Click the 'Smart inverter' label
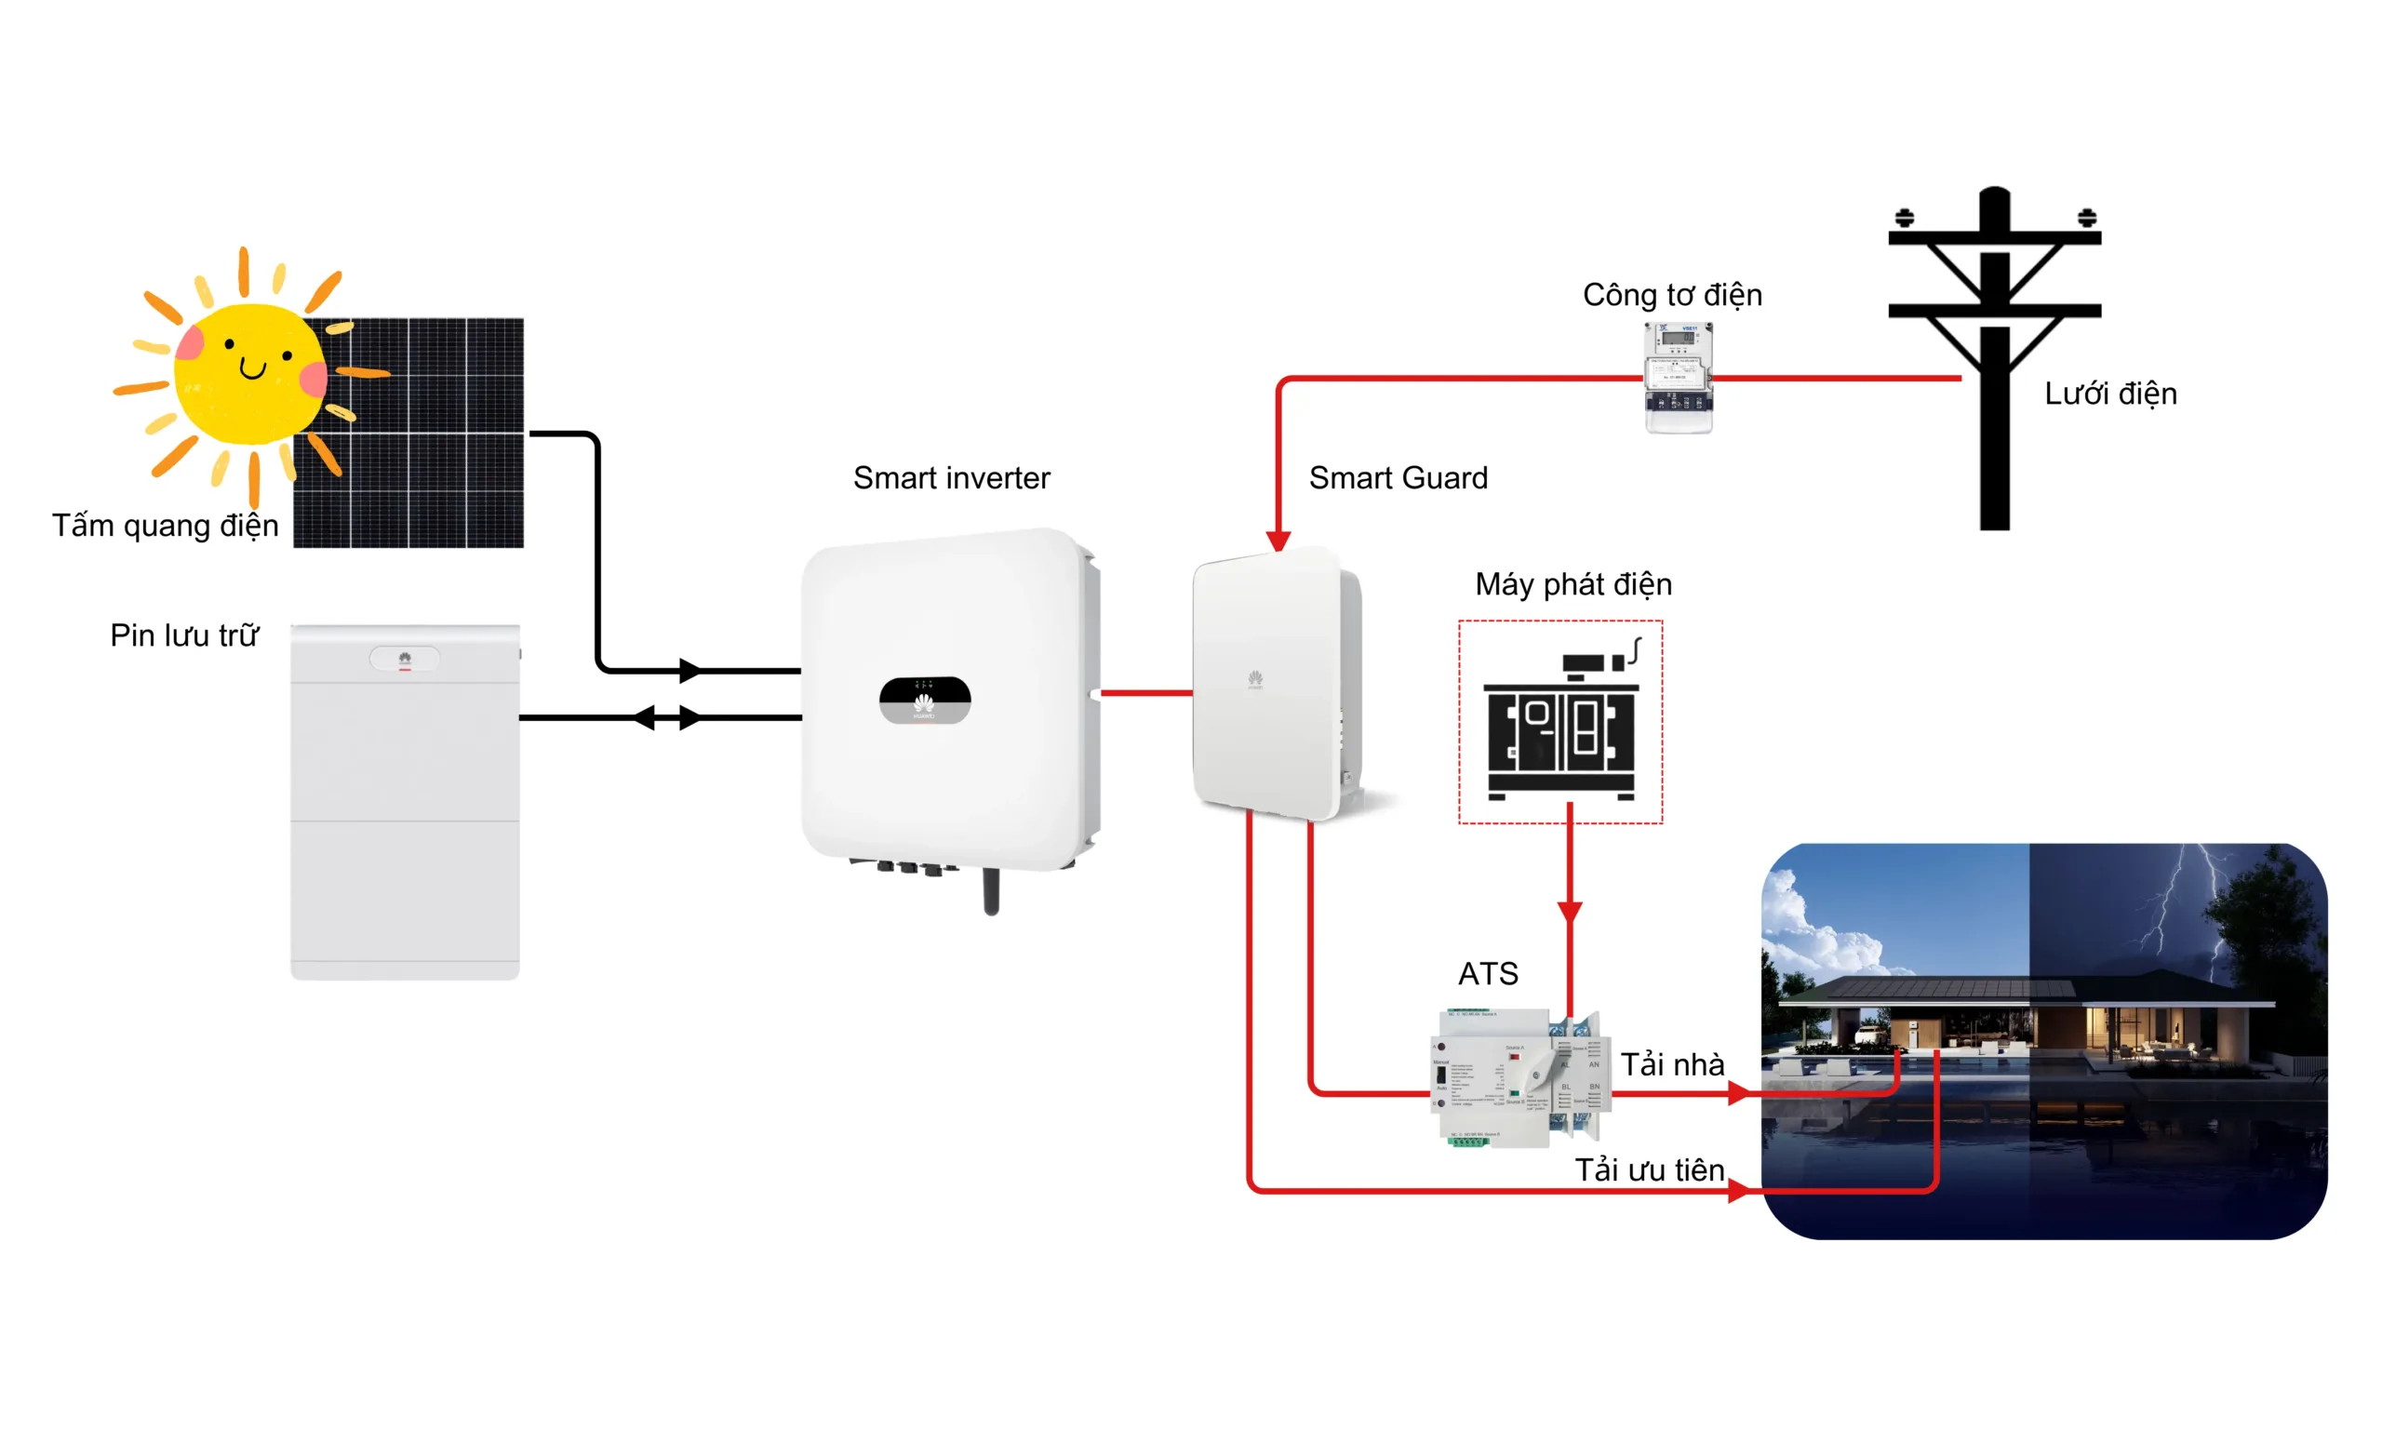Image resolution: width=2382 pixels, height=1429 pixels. (x=951, y=477)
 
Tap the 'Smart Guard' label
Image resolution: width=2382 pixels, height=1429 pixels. (x=1398, y=477)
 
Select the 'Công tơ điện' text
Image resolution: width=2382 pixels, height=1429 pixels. (x=1672, y=295)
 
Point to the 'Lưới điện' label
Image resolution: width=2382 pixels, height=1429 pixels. (x=2110, y=394)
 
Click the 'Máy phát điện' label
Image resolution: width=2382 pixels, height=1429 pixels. (x=1573, y=584)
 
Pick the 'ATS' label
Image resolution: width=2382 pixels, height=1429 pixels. (x=1488, y=973)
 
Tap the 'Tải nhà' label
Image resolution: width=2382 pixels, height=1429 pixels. (x=1672, y=1064)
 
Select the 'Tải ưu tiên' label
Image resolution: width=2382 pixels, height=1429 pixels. (x=1650, y=1170)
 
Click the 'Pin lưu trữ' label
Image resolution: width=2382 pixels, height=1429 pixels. (x=184, y=635)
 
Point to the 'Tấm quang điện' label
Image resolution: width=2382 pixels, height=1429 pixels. (x=165, y=526)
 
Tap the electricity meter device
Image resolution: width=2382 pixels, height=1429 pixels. (x=1679, y=378)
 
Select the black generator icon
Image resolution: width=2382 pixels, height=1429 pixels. (x=1559, y=722)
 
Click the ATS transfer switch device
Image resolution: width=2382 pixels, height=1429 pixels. (x=1519, y=1078)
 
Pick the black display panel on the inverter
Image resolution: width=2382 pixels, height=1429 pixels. (x=924, y=700)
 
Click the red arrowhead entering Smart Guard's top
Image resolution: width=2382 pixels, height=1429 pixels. (x=1278, y=541)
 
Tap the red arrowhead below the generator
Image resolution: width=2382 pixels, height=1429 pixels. (x=1570, y=911)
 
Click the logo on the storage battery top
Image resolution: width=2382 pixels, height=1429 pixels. (x=405, y=659)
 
